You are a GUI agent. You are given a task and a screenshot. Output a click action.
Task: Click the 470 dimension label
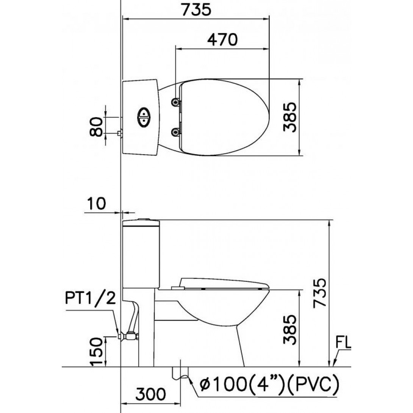click(x=222, y=40)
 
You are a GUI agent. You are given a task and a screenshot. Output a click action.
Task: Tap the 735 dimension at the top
click(x=197, y=9)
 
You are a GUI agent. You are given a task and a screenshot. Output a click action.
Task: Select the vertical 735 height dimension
click(x=320, y=293)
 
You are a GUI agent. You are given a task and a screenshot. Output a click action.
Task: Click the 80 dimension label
click(x=96, y=127)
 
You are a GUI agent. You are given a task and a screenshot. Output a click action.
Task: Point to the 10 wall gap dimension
click(x=96, y=203)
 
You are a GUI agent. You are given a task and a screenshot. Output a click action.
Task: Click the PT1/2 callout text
click(x=90, y=299)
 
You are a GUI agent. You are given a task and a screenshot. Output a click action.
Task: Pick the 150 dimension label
click(x=96, y=352)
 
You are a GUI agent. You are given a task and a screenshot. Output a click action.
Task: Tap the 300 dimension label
click(x=150, y=394)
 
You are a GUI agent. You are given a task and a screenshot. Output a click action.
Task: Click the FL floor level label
click(x=343, y=343)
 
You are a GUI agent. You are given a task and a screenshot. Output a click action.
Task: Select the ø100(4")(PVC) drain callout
click(x=269, y=384)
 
